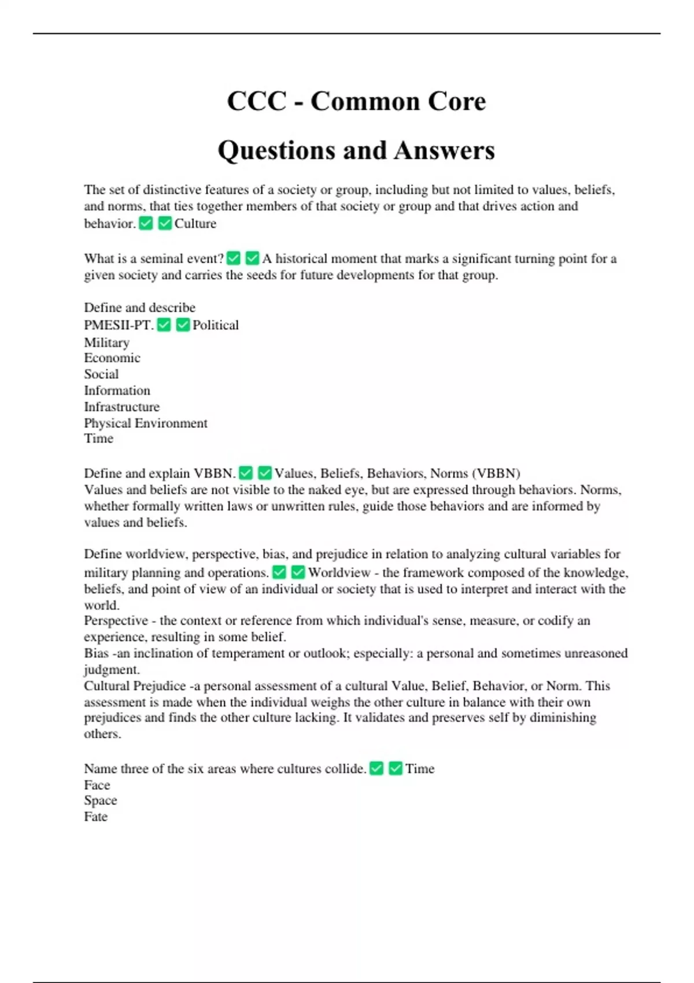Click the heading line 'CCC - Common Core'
pyautogui.click(x=356, y=101)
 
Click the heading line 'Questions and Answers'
pyautogui.click(x=356, y=150)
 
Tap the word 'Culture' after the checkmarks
pyautogui.click(x=195, y=224)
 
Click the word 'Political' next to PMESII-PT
pyautogui.click(x=215, y=325)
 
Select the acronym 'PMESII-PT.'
pyautogui.click(x=119, y=325)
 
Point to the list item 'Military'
pyautogui.click(x=106, y=342)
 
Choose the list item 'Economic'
pyautogui.click(x=112, y=358)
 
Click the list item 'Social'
pyautogui.click(x=101, y=374)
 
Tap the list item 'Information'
pyautogui.click(x=117, y=390)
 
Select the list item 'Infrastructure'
pyautogui.click(x=121, y=406)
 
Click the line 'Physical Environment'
pyautogui.click(x=146, y=423)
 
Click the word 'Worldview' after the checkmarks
pyautogui.click(x=339, y=572)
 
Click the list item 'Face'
pyautogui.click(x=97, y=785)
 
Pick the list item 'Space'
pyautogui.click(x=100, y=800)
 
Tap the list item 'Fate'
pyautogui.click(x=95, y=816)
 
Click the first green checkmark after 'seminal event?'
pyautogui.click(x=234, y=258)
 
